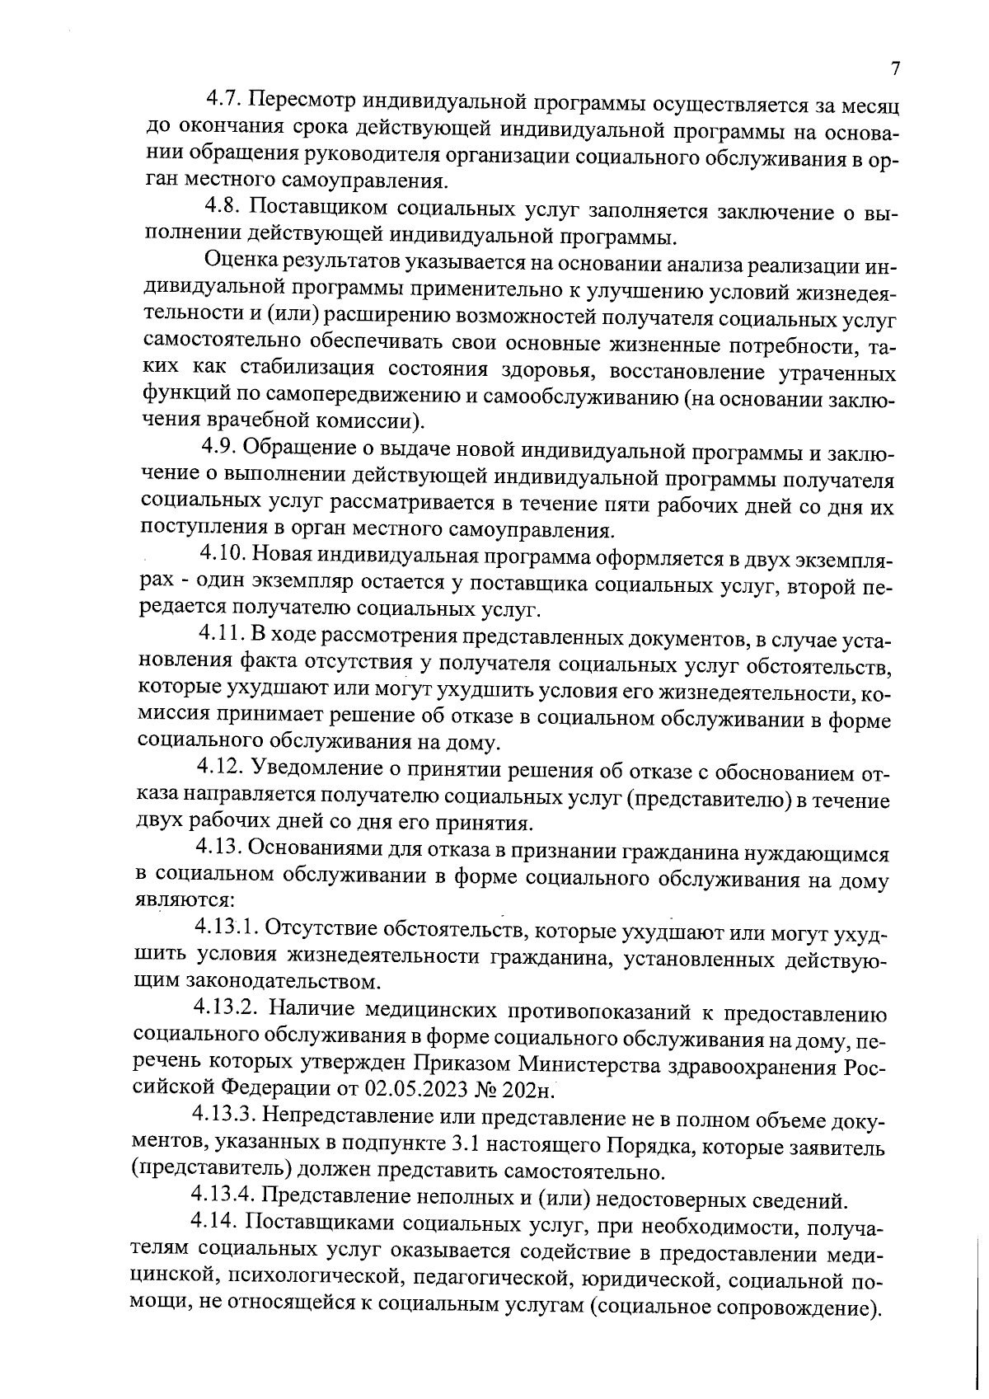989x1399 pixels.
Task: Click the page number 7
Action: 895,69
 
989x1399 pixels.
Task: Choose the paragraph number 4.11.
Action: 222,634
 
